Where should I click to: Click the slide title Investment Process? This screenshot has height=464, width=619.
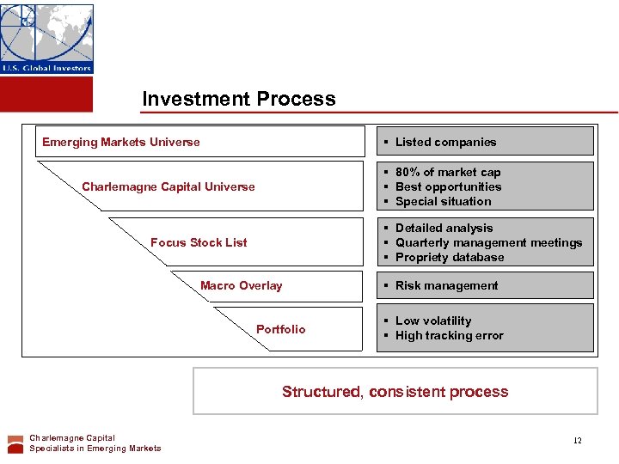pyautogui.click(x=239, y=99)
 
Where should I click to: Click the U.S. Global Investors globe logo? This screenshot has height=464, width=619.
pyautogui.click(x=47, y=39)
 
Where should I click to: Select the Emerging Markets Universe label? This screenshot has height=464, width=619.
pyautogui.click(x=121, y=142)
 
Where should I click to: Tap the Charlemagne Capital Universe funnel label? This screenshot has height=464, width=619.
pyautogui.click(x=169, y=186)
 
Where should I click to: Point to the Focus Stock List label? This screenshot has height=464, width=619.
pyautogui.click(x=199, y=242)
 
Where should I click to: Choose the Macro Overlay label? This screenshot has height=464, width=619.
pyautogui.click(x=241, y=285)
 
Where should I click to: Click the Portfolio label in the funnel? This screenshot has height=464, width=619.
pyautogui.click(x=280, y=329)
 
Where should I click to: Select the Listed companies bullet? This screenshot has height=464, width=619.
pyautogui.click(x=445, y=142)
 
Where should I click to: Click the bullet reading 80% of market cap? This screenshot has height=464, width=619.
pyautogui.click(x=447, y=172)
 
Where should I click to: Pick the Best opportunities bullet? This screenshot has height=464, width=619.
pyautogui.click(x=448, y=186)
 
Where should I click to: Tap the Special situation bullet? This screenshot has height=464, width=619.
pyautogui.click(x=443, y=201)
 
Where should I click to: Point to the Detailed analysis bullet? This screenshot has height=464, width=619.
pyautogui.click(x=444, y=228)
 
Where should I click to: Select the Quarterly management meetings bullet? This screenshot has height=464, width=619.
pyautogui.click(x=488, y=242)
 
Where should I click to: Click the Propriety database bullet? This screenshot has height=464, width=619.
pyautogui.click(x=450, y=257)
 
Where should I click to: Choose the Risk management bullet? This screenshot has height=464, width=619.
pyautogui.click(x=446, y=285)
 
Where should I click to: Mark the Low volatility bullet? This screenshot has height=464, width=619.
pyautogui.click(x=433, y=321)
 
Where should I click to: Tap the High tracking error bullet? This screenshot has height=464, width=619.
pyautogui.click(x=449, y=335)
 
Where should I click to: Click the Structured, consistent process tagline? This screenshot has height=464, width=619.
pyautogui.click(x=395, y=392)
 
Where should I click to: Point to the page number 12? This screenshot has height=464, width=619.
pyautogui.click(x=578, y=441)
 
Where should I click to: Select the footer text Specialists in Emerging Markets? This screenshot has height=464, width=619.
pyautogui.click(x=95, y=448)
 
